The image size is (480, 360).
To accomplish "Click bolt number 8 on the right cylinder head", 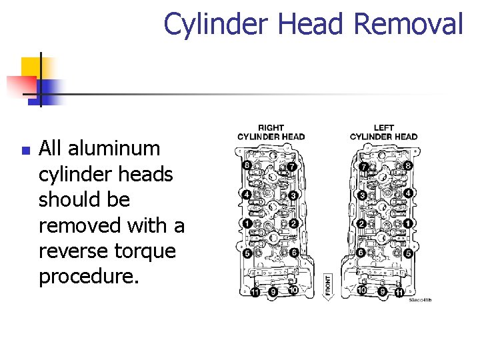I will [x=247, y=165].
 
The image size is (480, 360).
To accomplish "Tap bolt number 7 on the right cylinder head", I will [x=292, y=166].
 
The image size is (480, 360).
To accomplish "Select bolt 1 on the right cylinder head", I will [x=247, y=223].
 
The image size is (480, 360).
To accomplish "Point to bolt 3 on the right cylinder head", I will [x=293, y=195].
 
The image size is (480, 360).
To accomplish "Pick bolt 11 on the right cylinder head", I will [x=255, y=293].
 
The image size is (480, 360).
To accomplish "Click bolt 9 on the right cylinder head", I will [x=273, y=291].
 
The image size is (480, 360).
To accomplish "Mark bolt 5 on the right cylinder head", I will [x=247, y=253].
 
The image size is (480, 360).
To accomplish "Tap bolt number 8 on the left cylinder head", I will [x=408, y=165].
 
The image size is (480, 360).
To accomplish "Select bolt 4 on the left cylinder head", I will [x=408, y=193].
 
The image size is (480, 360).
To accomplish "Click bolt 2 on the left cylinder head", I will [x=361, y=223].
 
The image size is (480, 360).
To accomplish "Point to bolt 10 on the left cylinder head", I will [x=361, y=290].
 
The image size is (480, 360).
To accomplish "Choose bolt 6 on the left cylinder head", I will [x=361, y=253].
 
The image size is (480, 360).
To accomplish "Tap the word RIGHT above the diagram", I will [x=271, y=127].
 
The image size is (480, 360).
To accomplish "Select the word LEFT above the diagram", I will [x=383, y=127].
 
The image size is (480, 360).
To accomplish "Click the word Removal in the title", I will [x=408, y=24].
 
